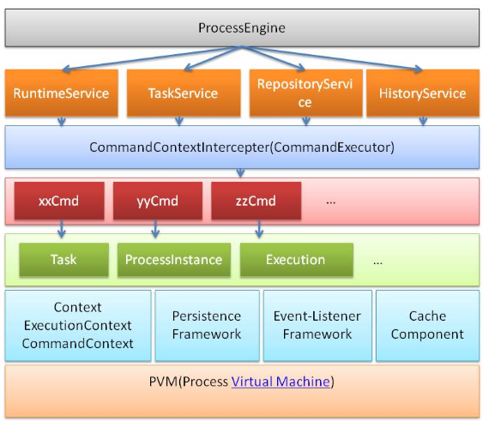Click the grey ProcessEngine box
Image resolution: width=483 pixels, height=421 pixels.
242,28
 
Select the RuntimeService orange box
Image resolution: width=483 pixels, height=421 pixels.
61,93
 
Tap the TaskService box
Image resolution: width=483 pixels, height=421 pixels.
184,93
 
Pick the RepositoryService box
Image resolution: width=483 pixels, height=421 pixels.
306,93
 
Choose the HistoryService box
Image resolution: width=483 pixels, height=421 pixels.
423,93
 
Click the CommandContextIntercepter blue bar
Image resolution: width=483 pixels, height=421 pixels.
242,147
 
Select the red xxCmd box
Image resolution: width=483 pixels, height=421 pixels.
59,201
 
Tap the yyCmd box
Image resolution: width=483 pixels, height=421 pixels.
158,201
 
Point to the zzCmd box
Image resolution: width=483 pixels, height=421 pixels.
256,201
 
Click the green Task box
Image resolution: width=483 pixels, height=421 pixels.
63,260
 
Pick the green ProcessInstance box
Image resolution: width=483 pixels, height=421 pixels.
174,260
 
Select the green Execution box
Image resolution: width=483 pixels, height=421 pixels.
297,260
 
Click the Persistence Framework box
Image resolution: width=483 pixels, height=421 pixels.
207,325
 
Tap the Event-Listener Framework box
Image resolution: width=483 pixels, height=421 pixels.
317,325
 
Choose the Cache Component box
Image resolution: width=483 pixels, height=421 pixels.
427,325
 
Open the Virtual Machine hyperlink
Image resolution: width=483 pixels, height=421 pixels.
281,382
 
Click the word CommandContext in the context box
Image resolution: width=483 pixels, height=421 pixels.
77,344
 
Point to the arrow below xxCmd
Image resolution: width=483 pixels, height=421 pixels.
62,229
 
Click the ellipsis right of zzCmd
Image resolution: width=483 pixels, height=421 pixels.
330,202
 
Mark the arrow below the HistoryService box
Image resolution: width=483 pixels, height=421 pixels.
423,121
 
